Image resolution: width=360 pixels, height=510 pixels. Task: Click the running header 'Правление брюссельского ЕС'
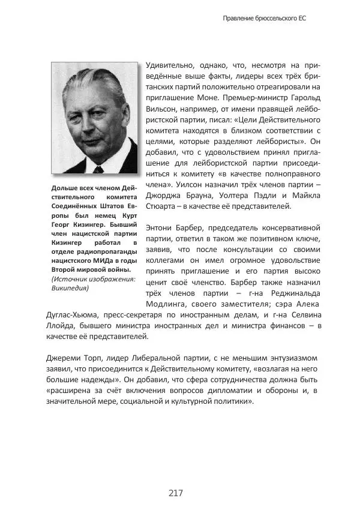[265, 19]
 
